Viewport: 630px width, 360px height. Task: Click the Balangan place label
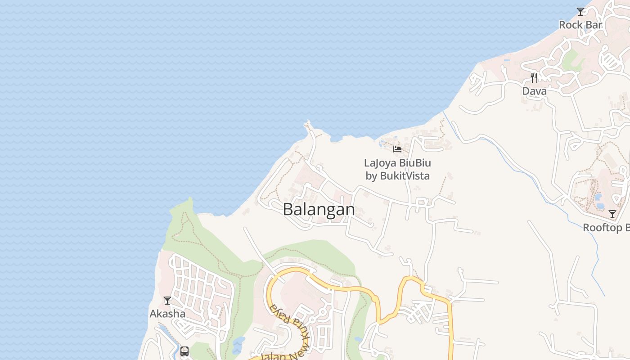(319, 210)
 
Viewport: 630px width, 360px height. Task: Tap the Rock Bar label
(580, 25)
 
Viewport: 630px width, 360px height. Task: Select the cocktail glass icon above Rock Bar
(580, 12)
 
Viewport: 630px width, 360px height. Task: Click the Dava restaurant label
(534, 91)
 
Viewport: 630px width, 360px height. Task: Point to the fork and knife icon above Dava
(534, 78)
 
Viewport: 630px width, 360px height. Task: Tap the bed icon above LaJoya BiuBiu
(397, 149)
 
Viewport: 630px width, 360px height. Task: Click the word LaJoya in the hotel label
(380, 163)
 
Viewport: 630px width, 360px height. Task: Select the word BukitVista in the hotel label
(405, 176)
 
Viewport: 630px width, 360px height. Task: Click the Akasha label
(167, 314)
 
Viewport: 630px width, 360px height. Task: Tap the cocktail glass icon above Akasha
(167, 300)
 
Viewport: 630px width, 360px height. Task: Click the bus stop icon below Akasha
(184, 351)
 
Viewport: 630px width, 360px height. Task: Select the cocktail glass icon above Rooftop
(612, 214)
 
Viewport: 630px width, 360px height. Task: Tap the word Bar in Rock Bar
(594, 25)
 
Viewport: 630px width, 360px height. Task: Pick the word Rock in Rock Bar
(571, 25)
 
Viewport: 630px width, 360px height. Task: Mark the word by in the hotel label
(371, 176)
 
